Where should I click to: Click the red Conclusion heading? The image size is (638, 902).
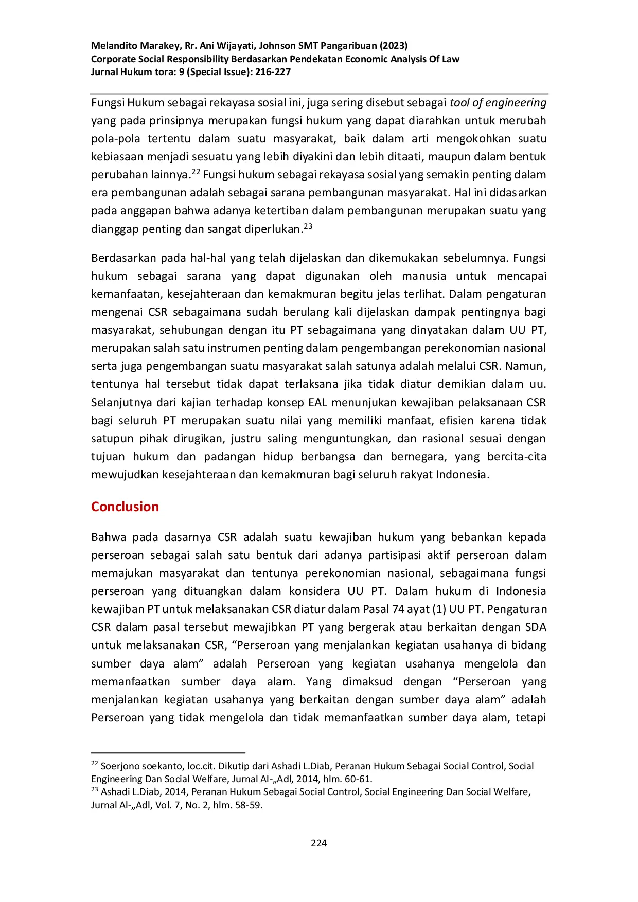125,507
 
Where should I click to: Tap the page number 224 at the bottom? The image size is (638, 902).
318,843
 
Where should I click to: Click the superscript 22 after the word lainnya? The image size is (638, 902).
196,172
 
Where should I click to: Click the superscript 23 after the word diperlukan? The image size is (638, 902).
308,226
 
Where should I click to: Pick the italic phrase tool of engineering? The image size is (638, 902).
498,102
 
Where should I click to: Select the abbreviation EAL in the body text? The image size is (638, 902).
318,402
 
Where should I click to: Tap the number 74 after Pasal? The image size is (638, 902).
398,609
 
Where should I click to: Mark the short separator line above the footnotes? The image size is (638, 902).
168,753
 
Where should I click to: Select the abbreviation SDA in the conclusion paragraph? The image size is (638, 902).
536,627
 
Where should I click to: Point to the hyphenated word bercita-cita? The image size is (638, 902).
517,457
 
